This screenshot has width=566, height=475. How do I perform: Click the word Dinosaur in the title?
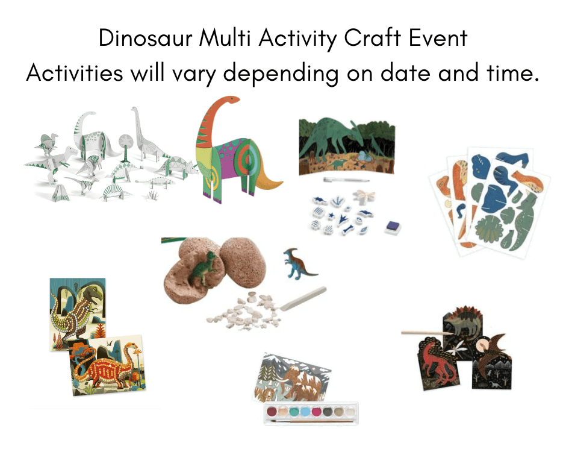click(146, 38)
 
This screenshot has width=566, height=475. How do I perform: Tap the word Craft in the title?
click(372, 38)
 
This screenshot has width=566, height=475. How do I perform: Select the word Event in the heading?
click(438, 38)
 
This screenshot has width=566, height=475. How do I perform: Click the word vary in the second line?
click(193, 74)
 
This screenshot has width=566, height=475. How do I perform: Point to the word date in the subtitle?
click(405, 73)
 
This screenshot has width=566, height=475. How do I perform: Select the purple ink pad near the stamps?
click(393, 227)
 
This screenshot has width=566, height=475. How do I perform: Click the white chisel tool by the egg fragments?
click(303, 298)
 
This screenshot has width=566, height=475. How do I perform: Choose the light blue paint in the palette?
click(305, 411)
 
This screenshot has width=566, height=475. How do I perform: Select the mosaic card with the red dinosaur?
click(107, 365)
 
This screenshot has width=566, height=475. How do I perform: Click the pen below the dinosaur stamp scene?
click(346, 180)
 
